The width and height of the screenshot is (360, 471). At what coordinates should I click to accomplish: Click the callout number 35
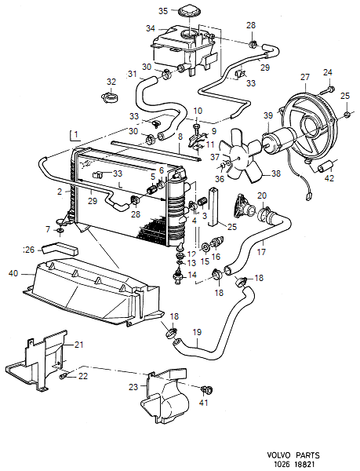click(163, 11)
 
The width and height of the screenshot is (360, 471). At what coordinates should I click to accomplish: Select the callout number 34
click(151, 29)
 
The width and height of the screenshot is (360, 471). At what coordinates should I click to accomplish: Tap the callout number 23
click(133, 386)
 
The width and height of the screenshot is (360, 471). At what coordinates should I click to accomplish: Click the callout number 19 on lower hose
click(197, 332)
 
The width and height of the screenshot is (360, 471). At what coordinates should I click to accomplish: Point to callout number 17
click(263, 252)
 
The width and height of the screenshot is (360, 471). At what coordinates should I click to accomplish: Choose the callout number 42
click(329, 178)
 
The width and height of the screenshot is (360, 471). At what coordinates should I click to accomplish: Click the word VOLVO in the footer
click(282, 454)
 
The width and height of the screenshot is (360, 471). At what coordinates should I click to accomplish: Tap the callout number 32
click(111, 81)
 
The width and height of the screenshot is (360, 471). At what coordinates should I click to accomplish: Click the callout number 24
click(328, 72)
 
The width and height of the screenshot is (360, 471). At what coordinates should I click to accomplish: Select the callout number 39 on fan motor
click(268, 116)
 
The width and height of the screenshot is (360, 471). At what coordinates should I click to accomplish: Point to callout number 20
click(262, 195)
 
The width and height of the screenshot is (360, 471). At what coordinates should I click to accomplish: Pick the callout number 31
click(133, 75)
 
